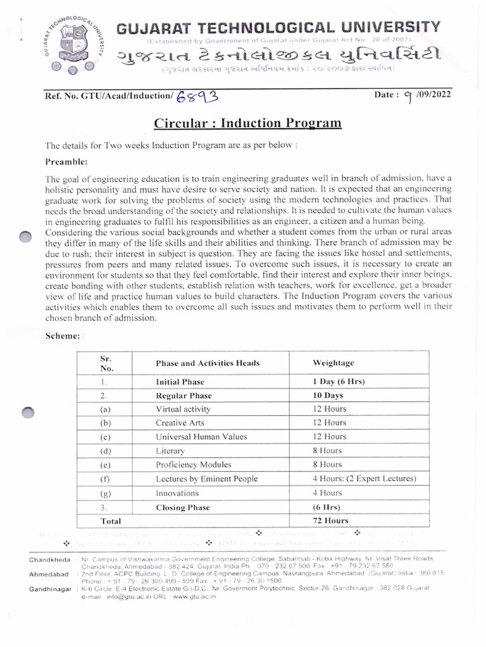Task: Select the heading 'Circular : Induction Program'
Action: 248,122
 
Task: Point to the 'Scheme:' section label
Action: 62,336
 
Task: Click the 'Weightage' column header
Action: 333,363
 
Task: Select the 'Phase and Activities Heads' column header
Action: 208,363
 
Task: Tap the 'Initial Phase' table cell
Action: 180,382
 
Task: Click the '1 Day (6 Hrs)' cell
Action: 339,382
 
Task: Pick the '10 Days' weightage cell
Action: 328,396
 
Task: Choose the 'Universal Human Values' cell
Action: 201,437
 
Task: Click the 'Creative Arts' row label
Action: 180,423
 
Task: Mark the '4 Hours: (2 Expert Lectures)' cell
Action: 364,479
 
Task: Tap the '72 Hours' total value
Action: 330,521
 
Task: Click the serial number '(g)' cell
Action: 105,493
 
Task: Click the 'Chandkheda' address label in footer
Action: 49,560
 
